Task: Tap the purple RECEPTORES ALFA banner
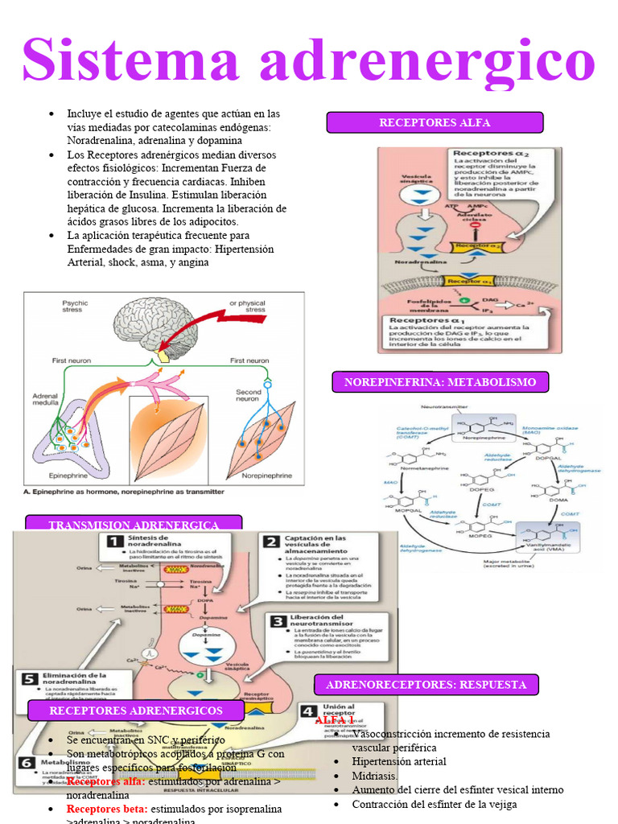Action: pyautogui.click(x=435, y=122)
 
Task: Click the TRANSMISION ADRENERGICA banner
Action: pyautogui.click(x=134, y=525)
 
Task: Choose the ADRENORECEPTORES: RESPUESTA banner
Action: pyautogui.click(x=426, y=685)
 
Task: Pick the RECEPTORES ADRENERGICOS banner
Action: pyautogui.click(x=136, y=711)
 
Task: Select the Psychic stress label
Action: pyautogui.click(x=75, y=307)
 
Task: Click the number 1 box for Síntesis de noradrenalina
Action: pyautogui.click(x=114, y=542)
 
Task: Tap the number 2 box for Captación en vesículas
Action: pyautogui.click(x=272, y=542)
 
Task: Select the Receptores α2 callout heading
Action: pyautogui.click(x=483, y=153)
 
